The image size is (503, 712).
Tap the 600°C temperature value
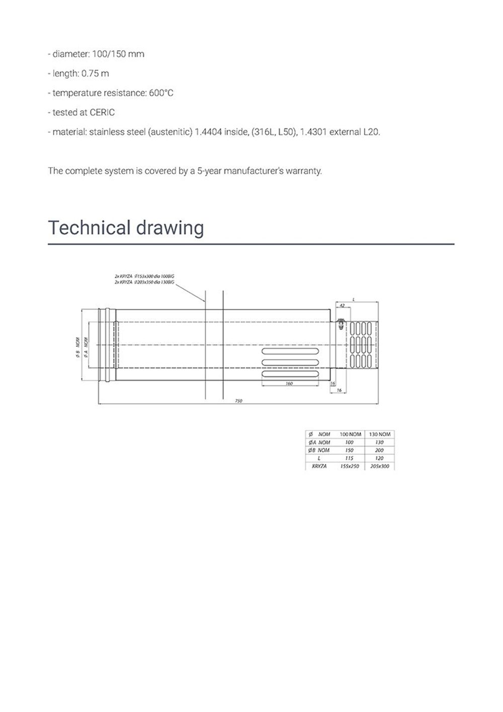[161, 93]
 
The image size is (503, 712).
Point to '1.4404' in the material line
[208, 132]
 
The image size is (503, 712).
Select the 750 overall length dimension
[239, 401]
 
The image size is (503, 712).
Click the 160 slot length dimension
[289, 384]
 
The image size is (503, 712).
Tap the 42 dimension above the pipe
[342, 305]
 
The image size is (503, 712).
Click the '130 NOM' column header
[379, 434]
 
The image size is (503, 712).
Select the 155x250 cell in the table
[350, 466]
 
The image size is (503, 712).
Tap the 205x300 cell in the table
[379, 466]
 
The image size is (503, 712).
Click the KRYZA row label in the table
[319, 466]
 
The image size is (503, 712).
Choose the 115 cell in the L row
[350, 458]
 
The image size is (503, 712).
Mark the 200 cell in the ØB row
[379, 450]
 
